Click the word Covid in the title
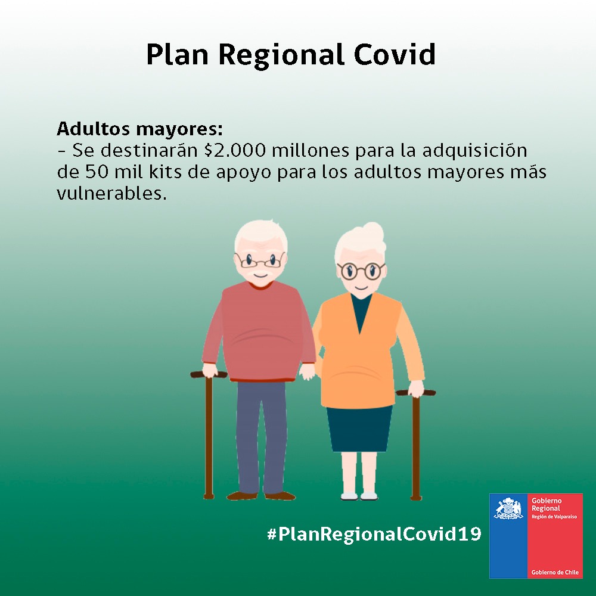pyautogui.click(x=395, y=54)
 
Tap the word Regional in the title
pyautogui.click(x=282, y=55)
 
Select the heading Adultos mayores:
pyautogui.click(x=139, y=129)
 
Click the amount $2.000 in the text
pyautogui.click(x=235, y=151)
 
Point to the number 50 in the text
pyautogui.click(x=97, y=172)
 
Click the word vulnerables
pyautogui.click(x=112, y=194)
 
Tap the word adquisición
pyautogui.click(x=475, y=151)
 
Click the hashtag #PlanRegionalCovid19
pyautogui.click(x=374, y=533)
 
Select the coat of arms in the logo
pyautogui.click(x=508, y=508)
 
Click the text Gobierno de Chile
pyautogui.click(x=555, y=572)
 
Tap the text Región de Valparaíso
pyautogui.click(x=554, y=517)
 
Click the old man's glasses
pyautogui.click(x=260, y=260)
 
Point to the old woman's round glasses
pyautogui.click(x=361, y=271)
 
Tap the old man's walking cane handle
pyautogui.click(x=209, y=375)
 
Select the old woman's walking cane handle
pyautogui.click(x=416, y=393)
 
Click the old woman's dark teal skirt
pyautogui.click(x=359, y=429)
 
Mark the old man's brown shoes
pyautogui.click(x=261, y=496)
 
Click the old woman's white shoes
pyautogui.click(x=359, y=496)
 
